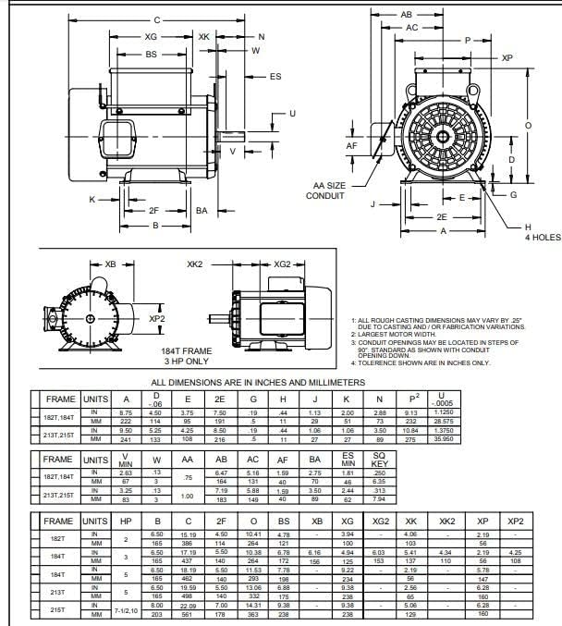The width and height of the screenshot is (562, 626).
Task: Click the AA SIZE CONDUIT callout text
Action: click(327, 190)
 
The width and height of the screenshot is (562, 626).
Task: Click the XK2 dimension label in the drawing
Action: click(194, 264)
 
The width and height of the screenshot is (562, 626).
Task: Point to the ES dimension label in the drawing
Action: click(275, 77)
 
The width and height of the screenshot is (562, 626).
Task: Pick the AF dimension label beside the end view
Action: click(352, 145)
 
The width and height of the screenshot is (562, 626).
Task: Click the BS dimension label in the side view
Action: click(151, 55)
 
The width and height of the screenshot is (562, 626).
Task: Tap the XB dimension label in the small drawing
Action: click(111, 264)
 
